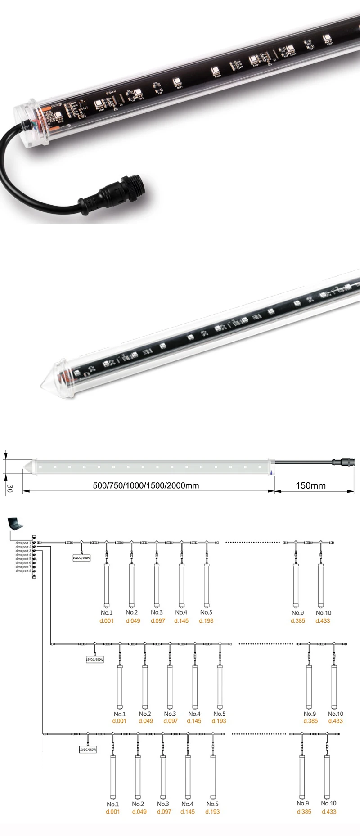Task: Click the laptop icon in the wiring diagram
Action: (16, 524)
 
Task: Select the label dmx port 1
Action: (23, 543)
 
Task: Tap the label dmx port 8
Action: (23, 571)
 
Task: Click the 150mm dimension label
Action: (310, 485)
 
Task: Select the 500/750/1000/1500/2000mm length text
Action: (146, 485)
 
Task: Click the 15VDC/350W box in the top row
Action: (81, 558)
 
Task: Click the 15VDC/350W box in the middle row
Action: (94, 659)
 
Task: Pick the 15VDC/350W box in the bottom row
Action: (88, 750)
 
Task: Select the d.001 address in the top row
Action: (107, 620)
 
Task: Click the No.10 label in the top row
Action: (323, 613)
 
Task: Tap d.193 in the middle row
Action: (219, 721)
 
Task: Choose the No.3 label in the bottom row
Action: (163, 804)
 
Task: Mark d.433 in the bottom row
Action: (329, 812)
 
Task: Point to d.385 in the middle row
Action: (310, 721)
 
